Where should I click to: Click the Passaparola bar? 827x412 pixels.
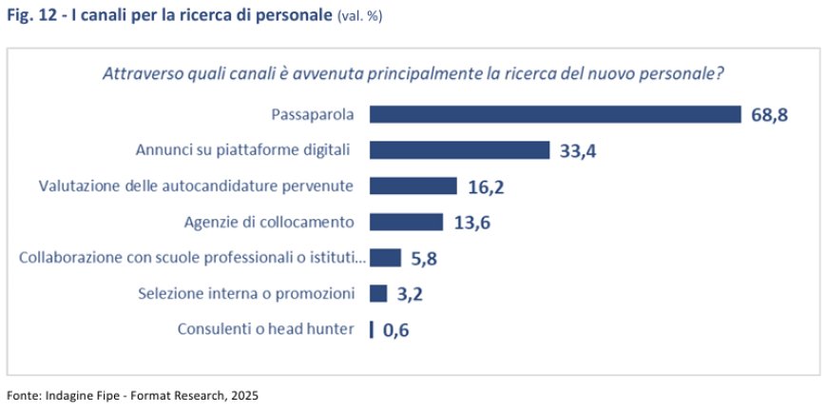554,114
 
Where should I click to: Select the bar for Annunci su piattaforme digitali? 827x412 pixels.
460,150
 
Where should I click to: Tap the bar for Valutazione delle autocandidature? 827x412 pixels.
413,186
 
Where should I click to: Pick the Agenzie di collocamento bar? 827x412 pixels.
406,222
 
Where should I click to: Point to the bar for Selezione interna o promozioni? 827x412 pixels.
378,293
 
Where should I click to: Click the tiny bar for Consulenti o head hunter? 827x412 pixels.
371,329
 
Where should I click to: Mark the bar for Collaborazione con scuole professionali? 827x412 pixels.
385,258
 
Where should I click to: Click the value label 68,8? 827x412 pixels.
770,115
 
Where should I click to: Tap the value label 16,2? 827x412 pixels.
486,186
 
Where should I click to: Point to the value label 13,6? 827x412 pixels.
471,223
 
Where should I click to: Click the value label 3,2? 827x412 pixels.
409,294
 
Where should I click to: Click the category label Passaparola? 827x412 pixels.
313,114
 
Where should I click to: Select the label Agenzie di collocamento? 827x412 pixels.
269,222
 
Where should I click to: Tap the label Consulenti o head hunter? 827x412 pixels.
266,329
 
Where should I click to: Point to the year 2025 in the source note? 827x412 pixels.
242,394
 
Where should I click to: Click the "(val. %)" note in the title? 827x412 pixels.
360,16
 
